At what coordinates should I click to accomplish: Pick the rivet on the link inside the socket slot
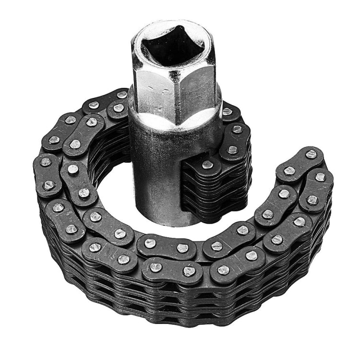pos(207,165)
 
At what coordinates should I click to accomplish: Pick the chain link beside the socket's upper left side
pos(118,108)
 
